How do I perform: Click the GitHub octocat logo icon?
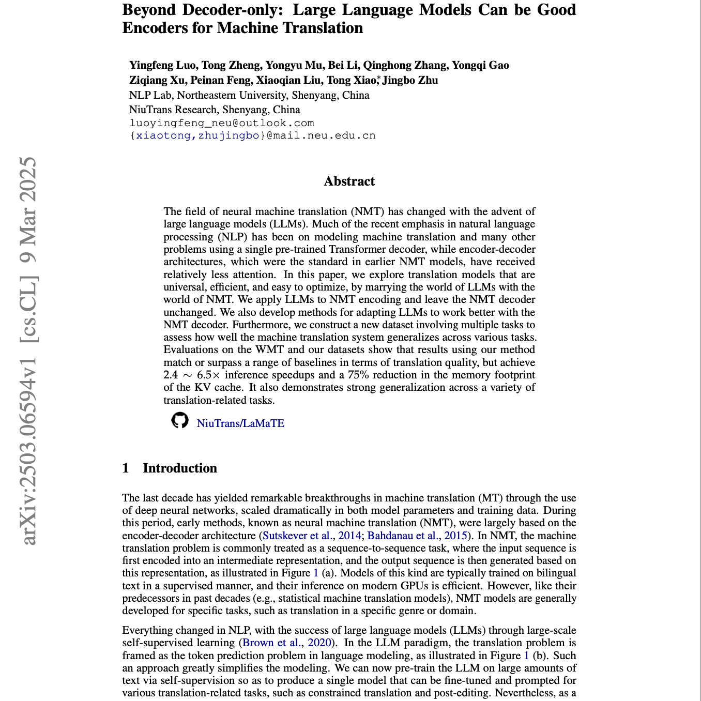click(180, 420)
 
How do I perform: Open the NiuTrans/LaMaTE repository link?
click(240, 423)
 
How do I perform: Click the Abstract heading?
click(349, 181)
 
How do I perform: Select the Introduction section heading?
click(179, 468)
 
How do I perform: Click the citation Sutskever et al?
click(297, 536)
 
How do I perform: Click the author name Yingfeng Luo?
click(162, 65)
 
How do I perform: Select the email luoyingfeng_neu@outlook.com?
click(222, 123)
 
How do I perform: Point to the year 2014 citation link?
click(349, 536)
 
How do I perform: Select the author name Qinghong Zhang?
click(405, 65)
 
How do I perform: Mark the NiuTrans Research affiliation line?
click(215, 110)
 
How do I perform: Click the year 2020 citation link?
click(319, 643)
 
